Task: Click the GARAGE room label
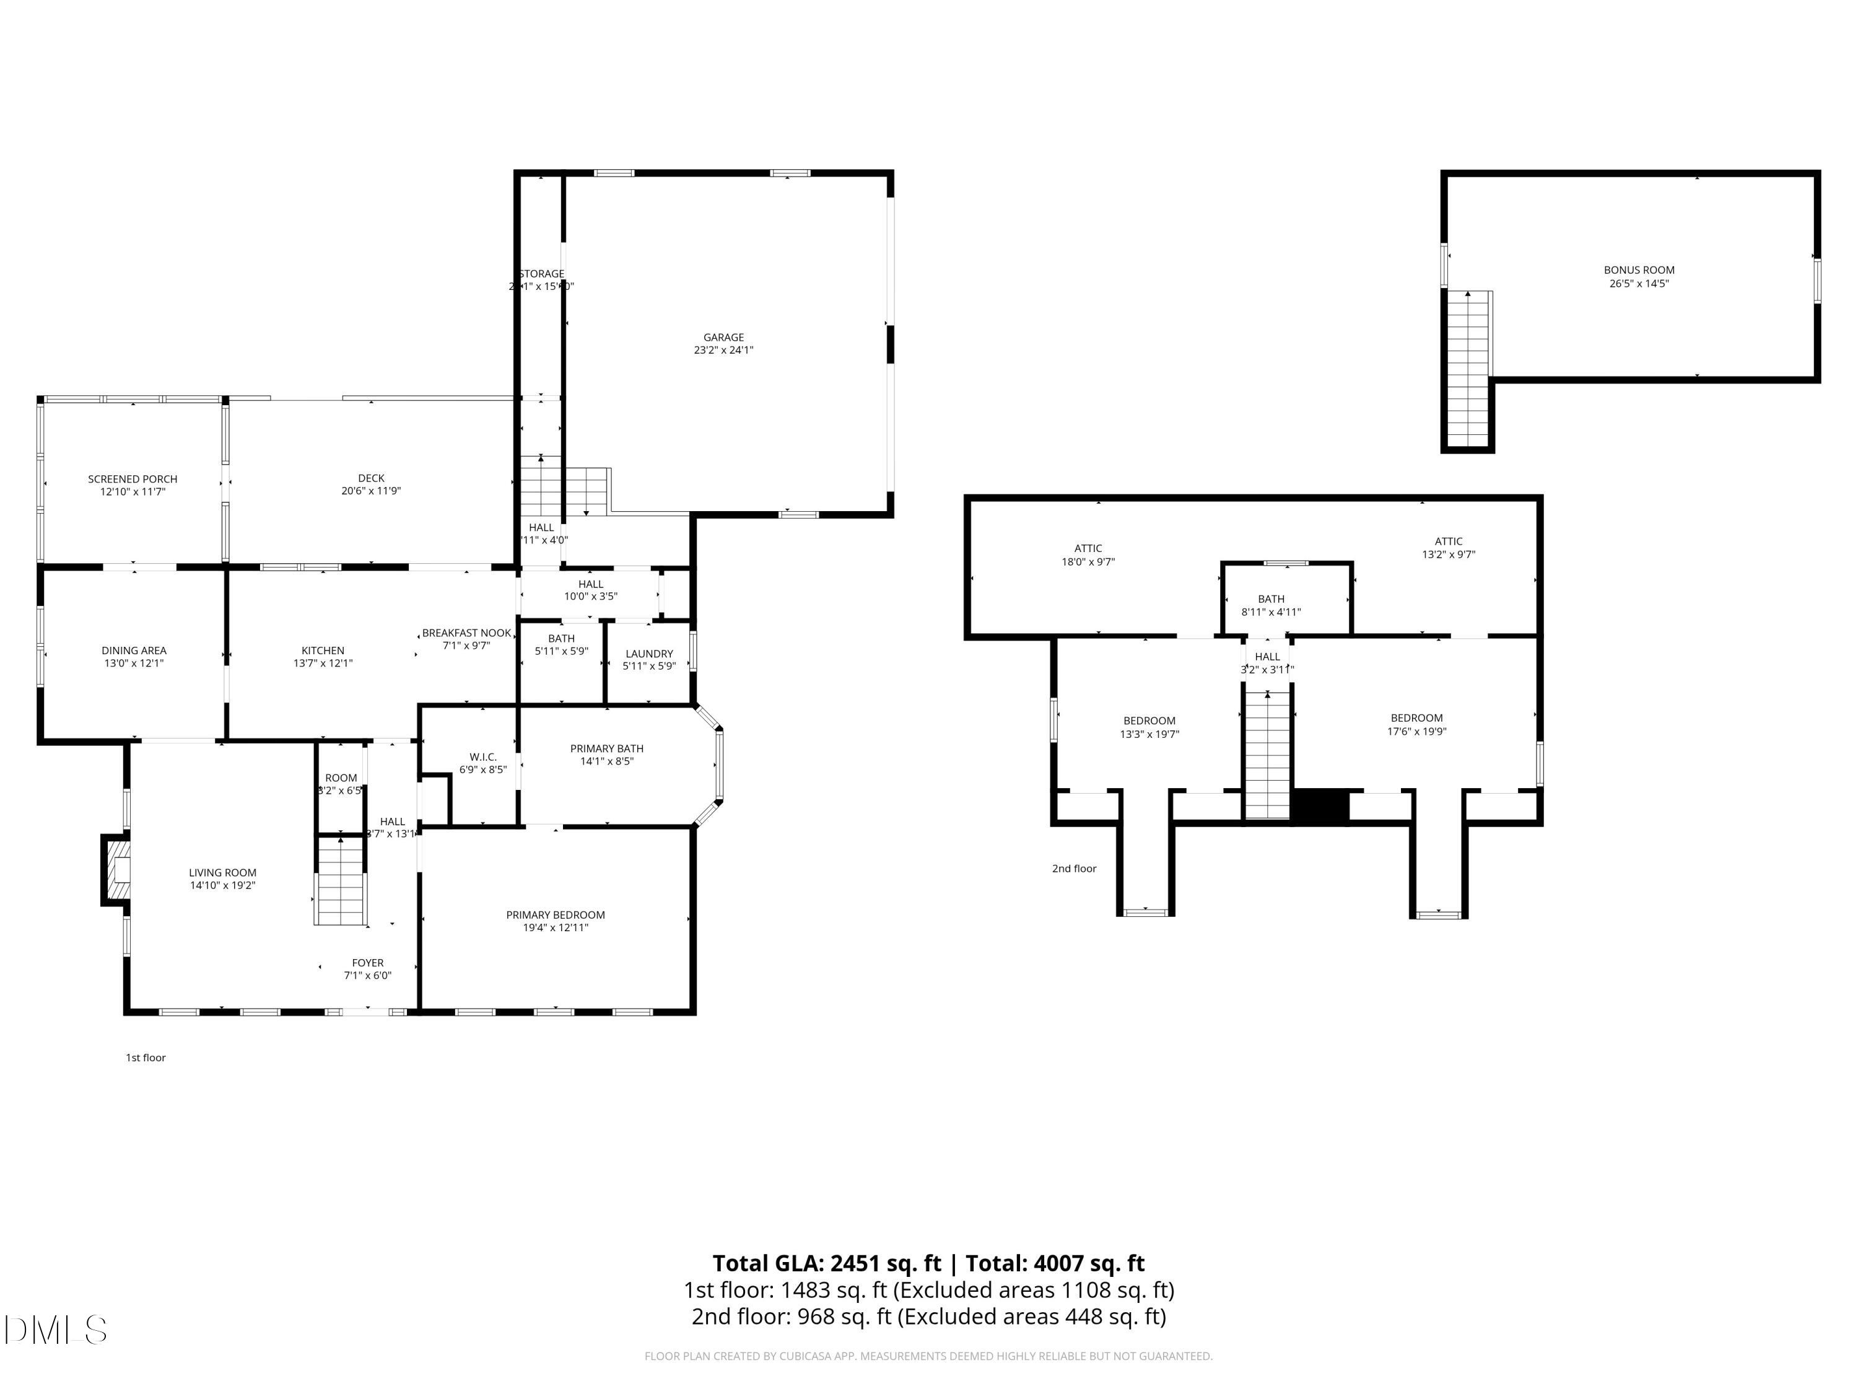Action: [x=723, y=337]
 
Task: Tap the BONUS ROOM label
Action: [x=1639, y=270]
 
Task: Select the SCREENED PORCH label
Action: [x=133, y=479]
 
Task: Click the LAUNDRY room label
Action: [x=649, y=653]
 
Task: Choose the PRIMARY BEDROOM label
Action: [x=555, y=914]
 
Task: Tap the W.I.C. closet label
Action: [x=483, y=756]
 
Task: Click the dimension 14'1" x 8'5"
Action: [x=606, y=761]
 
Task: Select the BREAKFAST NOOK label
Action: [x=466, y=633]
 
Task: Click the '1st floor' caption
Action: [x=146, y=1057]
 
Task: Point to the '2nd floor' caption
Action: [x=1075, y=868]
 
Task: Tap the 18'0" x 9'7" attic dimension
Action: [x=1088, y=561]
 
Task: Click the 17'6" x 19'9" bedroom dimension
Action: [x=1416, y=731]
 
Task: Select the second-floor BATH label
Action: [x=1271, y=599]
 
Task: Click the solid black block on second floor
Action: [x=1320, y=807]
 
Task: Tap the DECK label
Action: [x=371, y=478]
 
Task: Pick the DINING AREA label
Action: [x=134, y=651]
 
